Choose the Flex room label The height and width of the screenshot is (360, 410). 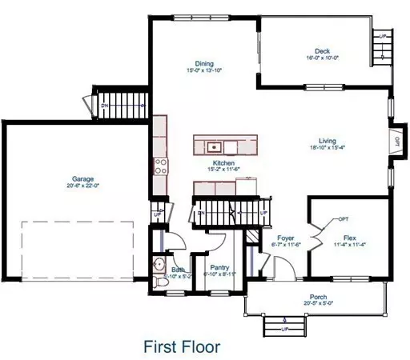(x=349, y=238)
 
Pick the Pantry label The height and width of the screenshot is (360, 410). (x=219, y=267)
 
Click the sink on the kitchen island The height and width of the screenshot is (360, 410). (x=214, y=146)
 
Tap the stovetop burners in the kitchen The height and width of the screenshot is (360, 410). (x=160, y=166)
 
